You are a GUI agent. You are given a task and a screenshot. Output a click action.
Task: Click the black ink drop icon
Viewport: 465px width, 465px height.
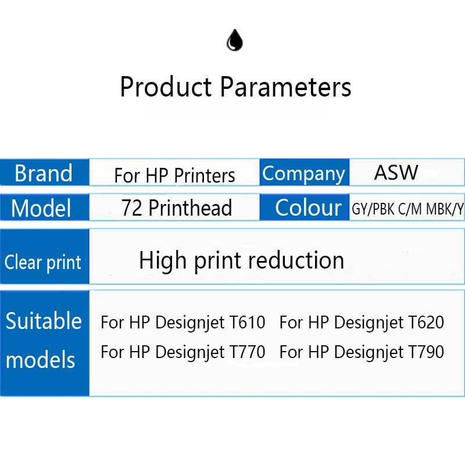tap(235, 40)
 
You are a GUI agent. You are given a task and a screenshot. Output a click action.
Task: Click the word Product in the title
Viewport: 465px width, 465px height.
tap(166, 87)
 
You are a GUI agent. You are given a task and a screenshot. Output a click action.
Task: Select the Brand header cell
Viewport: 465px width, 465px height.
tap(45, 172)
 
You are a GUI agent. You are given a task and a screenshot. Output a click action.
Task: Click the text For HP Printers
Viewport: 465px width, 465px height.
tap(175, 176)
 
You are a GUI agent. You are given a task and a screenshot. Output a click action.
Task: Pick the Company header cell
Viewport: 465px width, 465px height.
tap(304, 172)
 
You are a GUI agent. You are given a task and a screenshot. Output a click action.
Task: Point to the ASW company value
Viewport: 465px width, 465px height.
tap(396, 172)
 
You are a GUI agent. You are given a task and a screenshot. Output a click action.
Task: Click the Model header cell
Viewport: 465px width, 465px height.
tap(45, 207)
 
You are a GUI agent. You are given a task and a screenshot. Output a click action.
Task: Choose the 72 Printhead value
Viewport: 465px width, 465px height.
tap(177, 208)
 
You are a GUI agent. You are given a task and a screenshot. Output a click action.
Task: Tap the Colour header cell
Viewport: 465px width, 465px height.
tap(304, 207)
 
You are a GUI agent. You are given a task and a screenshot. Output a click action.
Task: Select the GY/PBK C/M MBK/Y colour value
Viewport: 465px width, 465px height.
tap(407, 209)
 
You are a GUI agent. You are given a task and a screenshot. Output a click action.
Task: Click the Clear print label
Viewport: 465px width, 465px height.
tap(42, 263)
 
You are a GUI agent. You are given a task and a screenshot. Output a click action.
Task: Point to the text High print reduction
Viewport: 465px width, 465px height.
tap(241, 260)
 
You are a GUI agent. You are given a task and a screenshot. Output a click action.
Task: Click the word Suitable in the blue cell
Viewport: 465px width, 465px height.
tap(44, 321)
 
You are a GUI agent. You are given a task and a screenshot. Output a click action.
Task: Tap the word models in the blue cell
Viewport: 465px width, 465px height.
tap(40, 359)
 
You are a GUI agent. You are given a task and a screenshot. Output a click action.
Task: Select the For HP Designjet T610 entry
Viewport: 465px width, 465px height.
tap(183, 323)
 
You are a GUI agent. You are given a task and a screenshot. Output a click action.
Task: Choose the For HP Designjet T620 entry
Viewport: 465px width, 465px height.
tap(362, 323)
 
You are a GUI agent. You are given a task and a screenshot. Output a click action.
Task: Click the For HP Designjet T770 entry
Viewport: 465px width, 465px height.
tap(183, 352)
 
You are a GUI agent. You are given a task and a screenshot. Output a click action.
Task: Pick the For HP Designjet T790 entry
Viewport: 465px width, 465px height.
tap(362, 352)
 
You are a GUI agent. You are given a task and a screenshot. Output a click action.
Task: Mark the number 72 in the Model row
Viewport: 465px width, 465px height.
tap(132, 208)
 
